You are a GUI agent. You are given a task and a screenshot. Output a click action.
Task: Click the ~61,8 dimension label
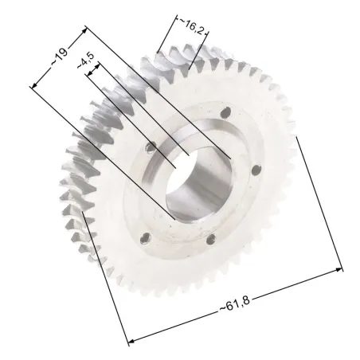click(235, 303)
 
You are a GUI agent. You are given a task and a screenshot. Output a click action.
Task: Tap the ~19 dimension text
click(60, 57)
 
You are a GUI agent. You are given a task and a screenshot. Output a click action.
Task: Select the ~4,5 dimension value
click(85, 61)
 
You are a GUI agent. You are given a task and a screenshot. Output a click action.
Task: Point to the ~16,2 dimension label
click(192, 26)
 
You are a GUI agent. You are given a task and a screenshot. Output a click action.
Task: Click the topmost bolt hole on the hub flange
click(225, 112)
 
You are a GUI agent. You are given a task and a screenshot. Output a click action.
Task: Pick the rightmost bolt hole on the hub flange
click(256, 170)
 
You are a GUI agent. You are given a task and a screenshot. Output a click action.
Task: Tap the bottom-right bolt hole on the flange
click(211, 239)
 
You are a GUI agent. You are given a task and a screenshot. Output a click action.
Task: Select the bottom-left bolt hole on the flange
click(146, 238)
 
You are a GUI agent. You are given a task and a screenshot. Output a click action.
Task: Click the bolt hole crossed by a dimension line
click(151, 147)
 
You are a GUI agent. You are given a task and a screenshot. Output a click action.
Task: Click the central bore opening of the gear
click(198, 183)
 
